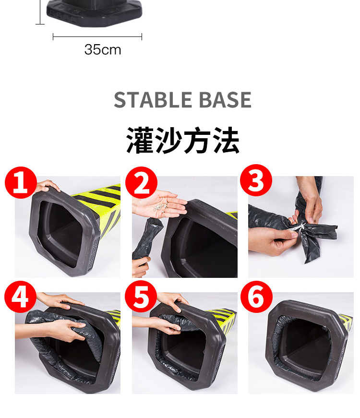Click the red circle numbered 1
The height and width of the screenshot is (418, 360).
tap(21, 183)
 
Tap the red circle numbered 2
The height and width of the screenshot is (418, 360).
tap(141, 183)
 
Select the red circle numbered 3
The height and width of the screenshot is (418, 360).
tap(256, 180)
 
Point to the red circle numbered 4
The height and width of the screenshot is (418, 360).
tap(20, 297)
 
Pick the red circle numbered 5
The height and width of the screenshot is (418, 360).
tap(141, 297)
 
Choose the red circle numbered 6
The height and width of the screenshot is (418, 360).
tap(256, 297)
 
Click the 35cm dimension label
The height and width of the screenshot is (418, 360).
tap(103, 49)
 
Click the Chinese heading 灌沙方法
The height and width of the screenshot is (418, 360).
tap(183, 140)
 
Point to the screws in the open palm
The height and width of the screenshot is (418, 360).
tap(161, 207)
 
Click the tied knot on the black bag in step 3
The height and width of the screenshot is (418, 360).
tap(301, 227)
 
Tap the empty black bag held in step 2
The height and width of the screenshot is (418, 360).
tap(148, 238)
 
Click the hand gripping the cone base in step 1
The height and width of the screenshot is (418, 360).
tap(48, 186)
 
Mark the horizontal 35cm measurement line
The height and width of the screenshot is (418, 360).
tap(97, 37)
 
